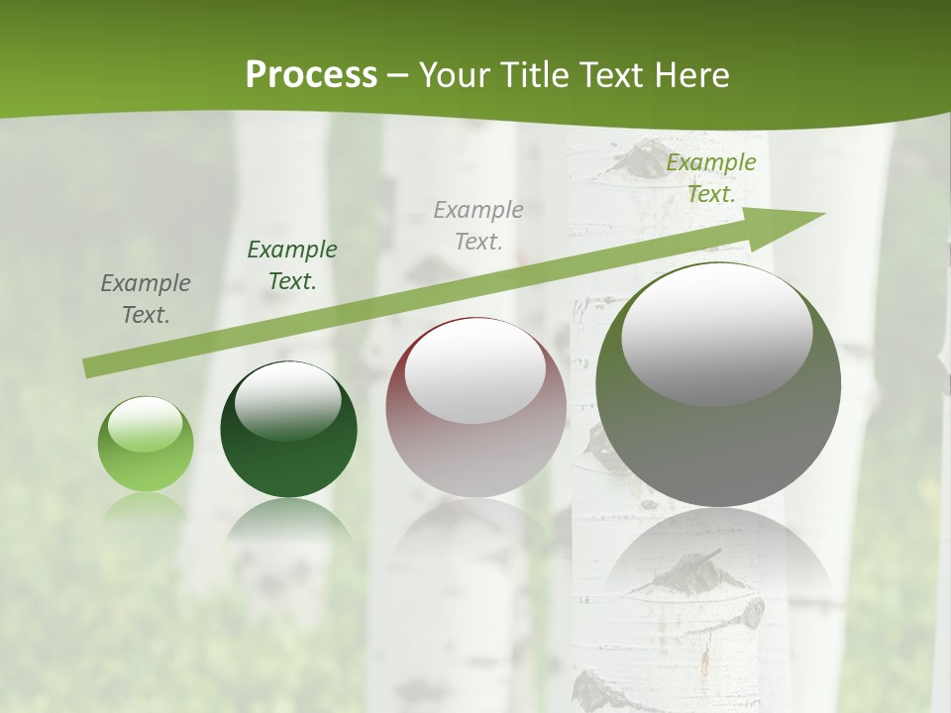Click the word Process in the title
pyautogui.click(x=311, y=75)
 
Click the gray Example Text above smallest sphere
pyautogui.click(x=146, y=299)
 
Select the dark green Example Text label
pyautogui.click(x=291, y=265)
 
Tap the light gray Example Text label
pyautogui.click(x=478, y=225)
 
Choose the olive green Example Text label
pyautogui.click(x=710, y=178)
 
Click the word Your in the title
pyautogui.click(x=457, y=75)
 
